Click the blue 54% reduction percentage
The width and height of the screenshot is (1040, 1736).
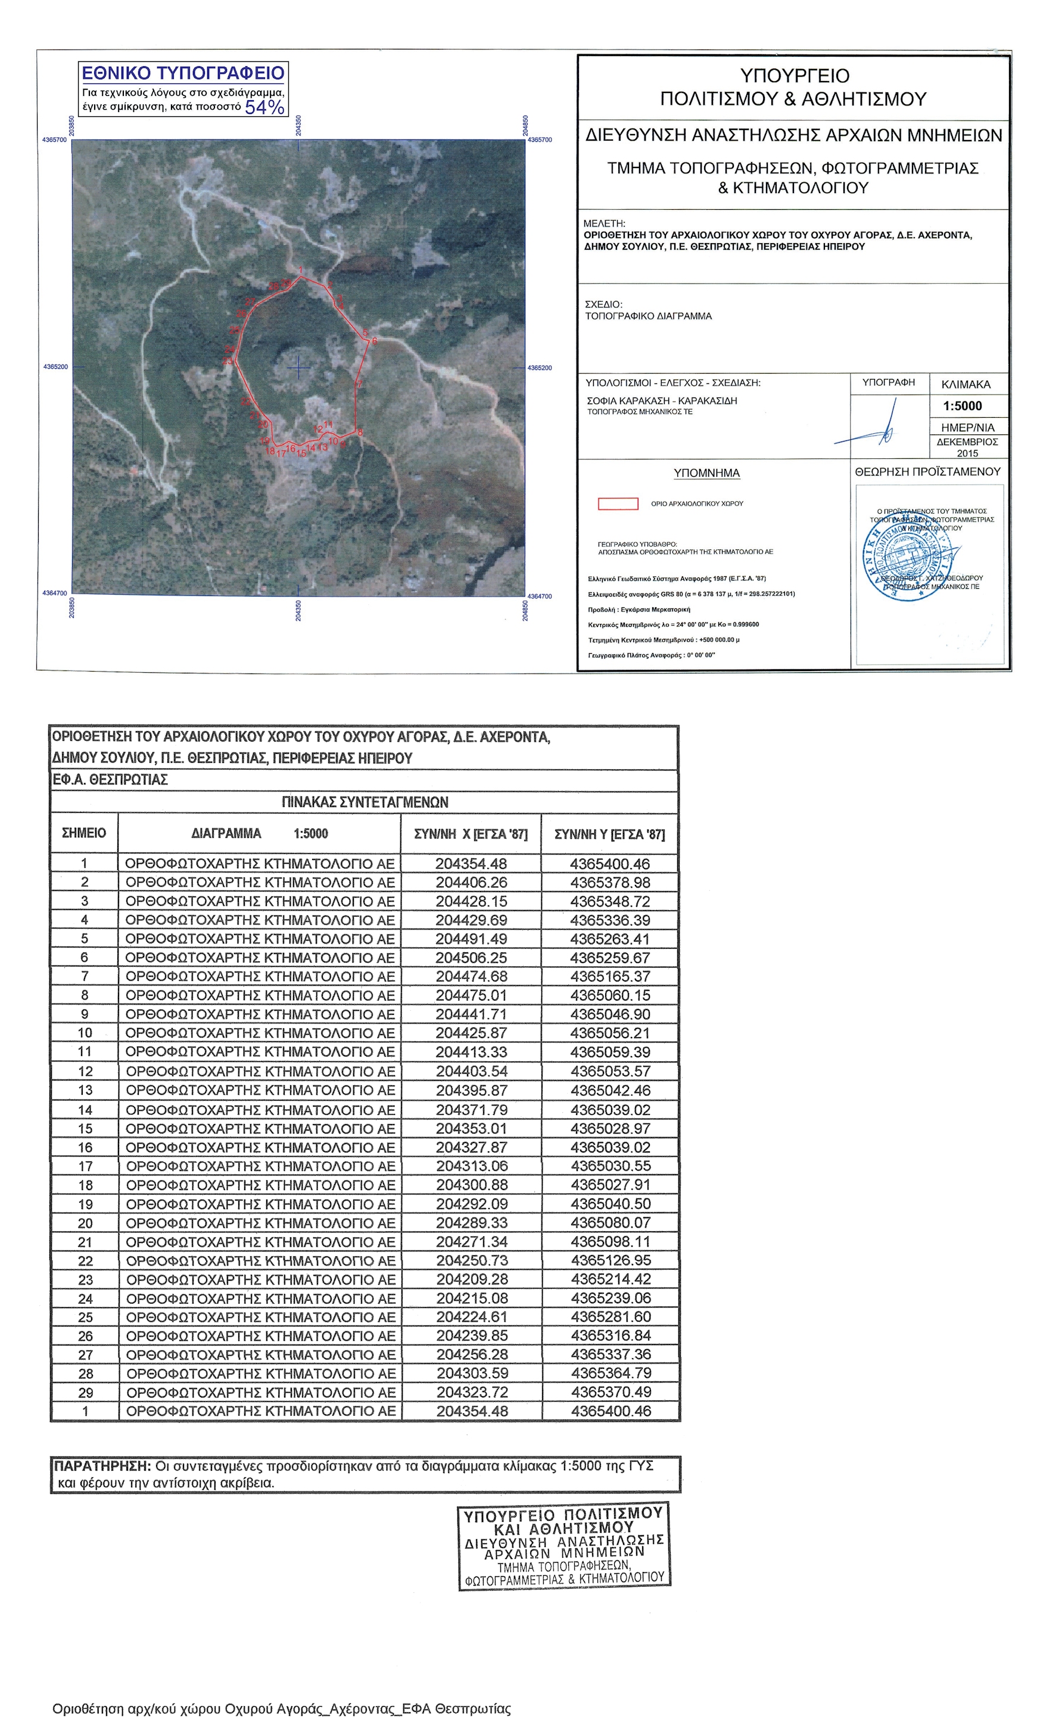point(264,107)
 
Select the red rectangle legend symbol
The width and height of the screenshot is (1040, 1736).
point(618,504)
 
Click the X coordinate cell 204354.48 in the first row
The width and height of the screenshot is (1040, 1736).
point(471,864)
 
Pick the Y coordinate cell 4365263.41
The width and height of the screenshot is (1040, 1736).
point(610,939)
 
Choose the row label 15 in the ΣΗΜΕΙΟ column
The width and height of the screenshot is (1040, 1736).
point(85,1128)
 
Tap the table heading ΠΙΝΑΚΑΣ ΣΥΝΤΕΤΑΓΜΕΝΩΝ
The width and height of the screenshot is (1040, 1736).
point(365,802)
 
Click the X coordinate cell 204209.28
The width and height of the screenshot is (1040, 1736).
point(472,1279)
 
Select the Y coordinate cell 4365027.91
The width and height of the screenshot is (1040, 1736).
point(611,1184)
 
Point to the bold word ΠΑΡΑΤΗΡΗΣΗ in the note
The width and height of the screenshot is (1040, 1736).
point(102,1465)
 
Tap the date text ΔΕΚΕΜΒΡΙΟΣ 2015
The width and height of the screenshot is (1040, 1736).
point(967,448)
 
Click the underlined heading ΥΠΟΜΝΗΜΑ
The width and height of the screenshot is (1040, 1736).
point(706,473)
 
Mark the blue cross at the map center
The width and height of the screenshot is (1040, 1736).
point(298,367)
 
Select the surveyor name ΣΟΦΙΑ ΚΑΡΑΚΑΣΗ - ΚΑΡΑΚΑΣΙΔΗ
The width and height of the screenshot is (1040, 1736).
point(662,400)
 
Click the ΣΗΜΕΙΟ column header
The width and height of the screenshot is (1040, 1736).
point(84,833)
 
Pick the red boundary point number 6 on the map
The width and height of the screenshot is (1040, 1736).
point(374,341)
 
